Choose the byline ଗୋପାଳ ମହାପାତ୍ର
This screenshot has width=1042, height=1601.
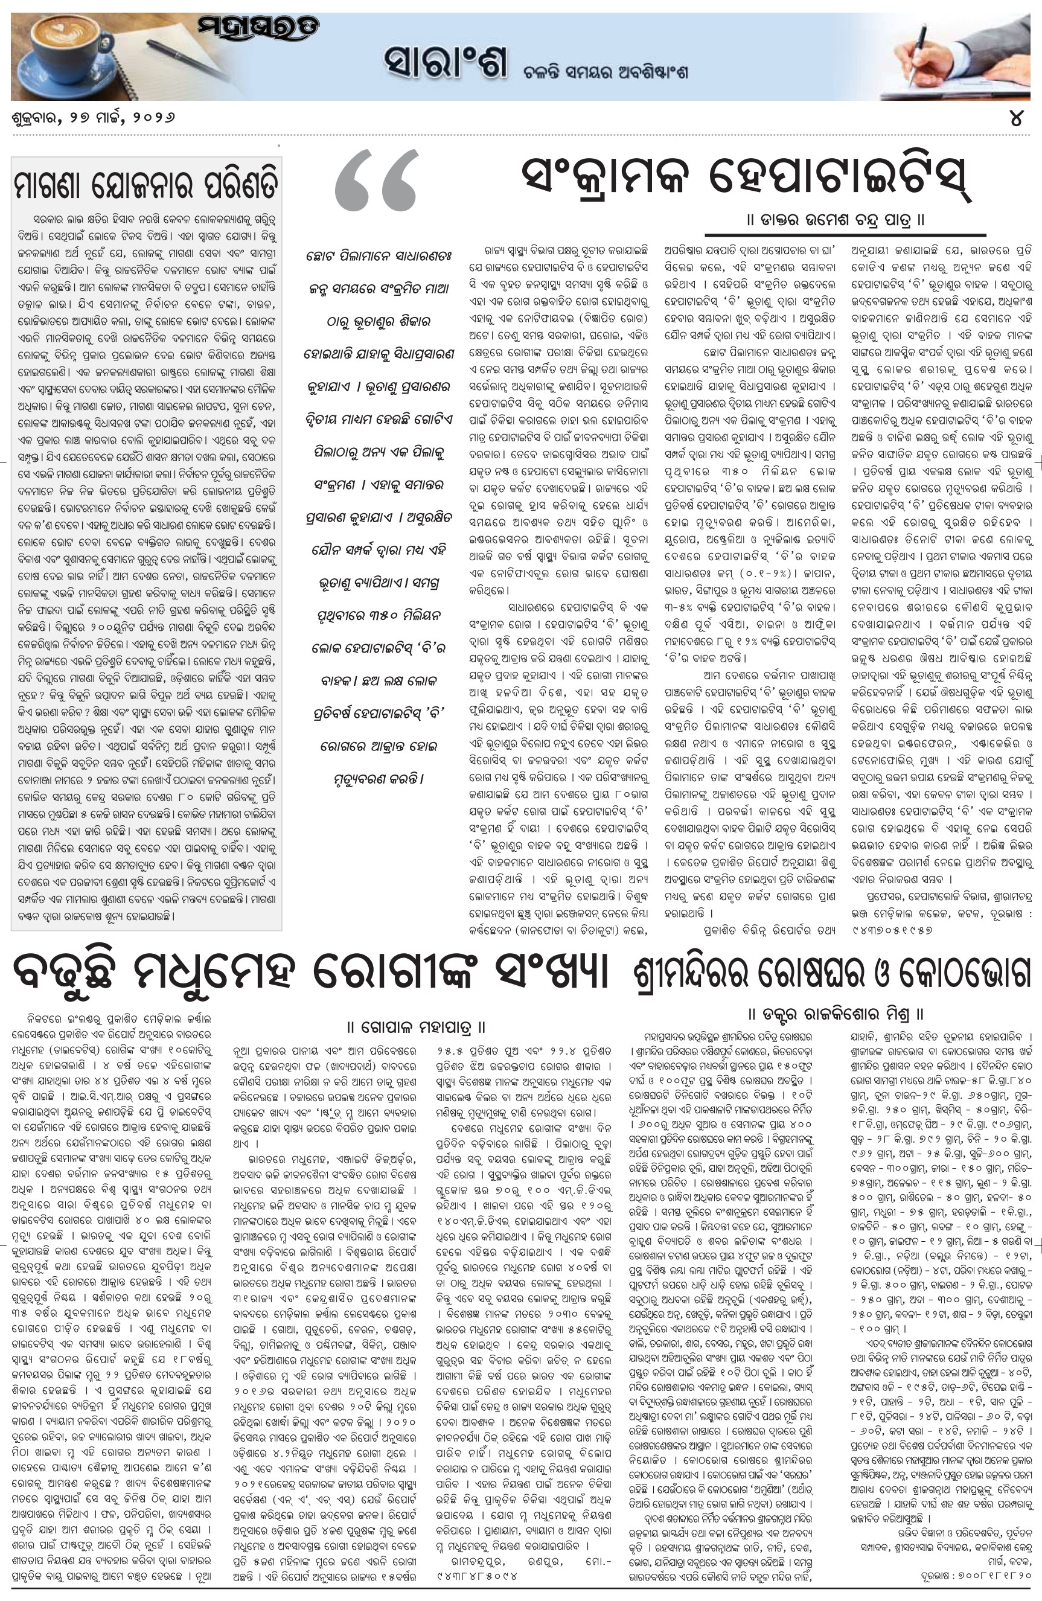point(416,1027)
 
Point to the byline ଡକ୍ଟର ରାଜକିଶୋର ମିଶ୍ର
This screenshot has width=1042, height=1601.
point(836,1013)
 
